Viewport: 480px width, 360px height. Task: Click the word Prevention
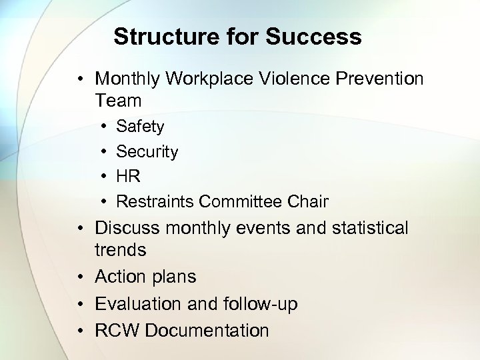[x=381, y=79]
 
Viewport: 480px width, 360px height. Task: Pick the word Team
[x=118, y=101]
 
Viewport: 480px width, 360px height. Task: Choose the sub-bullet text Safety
[x=140, y=127]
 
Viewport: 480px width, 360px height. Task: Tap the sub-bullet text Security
[x=147, y=152]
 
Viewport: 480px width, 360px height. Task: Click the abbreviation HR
[x=128, y=177]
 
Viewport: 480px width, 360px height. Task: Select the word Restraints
[x=155, y=201]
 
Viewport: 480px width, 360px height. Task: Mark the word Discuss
[x=127, y=228]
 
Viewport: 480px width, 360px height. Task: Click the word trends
[x=120, y=251]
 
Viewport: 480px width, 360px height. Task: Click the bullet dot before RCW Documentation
[x=81, y=331]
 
